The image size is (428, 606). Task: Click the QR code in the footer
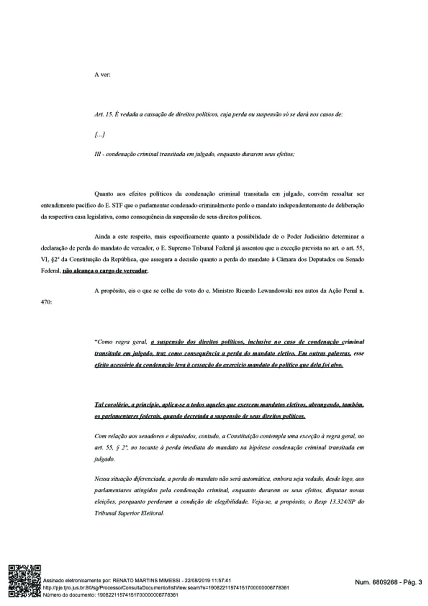[25, 580]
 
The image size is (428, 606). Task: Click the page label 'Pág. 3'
[412, 582]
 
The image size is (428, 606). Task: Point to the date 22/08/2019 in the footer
[197, 581]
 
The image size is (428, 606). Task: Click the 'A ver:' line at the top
[102, 74]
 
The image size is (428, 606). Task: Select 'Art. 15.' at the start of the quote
[103, 115]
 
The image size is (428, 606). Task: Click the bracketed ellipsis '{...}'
[99, 134]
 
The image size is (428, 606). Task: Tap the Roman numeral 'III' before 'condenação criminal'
[98, 154]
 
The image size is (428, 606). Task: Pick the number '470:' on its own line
[46, 302]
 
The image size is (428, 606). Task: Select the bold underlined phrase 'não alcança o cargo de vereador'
[105, 271]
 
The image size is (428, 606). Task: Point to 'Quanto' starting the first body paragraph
[104, 194]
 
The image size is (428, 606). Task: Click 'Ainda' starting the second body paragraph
[103, 236]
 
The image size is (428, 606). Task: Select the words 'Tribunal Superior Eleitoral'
[129, 513]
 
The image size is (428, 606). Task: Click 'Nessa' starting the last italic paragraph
[102, 479]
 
